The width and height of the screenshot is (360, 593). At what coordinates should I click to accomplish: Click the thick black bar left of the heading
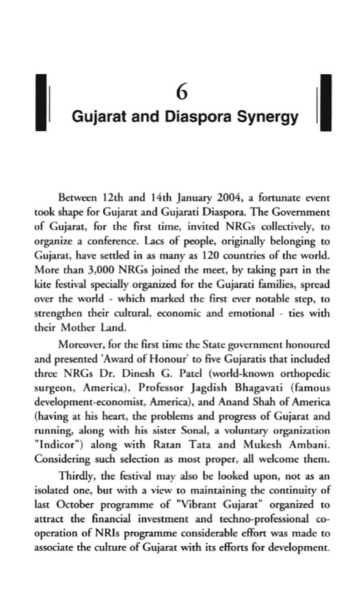(x=42, y=102)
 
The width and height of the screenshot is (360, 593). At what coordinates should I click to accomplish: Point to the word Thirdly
(x=75, y=476)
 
